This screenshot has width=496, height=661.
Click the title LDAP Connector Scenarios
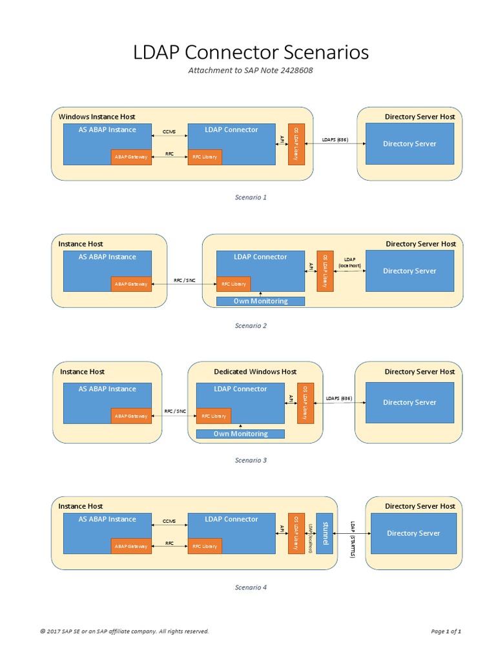(251, 52)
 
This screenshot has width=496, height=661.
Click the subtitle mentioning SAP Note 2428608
(251, 70)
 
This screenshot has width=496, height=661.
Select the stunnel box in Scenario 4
(325, 533)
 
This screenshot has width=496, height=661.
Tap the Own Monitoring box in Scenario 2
(252, 301)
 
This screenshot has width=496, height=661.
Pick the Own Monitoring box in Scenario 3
(240, 434)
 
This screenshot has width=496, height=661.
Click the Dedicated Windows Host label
(255, 372)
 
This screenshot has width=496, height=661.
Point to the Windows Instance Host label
(97, 117)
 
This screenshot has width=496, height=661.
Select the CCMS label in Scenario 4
(169, 521)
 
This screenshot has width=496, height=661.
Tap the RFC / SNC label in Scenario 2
(183, 281)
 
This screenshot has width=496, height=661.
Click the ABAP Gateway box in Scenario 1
(130, 157)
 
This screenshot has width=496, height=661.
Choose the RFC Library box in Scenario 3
(213, 416)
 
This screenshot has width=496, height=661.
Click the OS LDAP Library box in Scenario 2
(325, 270)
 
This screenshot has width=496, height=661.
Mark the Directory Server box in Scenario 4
(413, 533)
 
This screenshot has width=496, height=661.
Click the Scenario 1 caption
(251, 198)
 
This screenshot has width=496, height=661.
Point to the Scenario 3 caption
(251, 460)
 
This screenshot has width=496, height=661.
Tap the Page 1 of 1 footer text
(446, 631)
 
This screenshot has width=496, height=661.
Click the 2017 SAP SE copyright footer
(125, 631)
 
